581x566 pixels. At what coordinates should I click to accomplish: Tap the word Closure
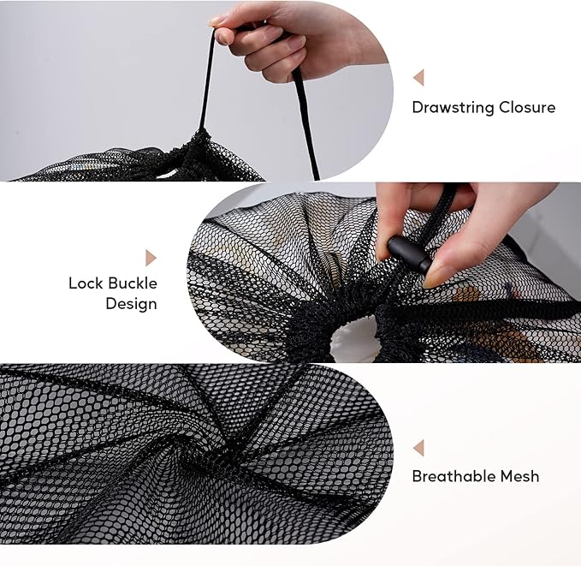(528, 108)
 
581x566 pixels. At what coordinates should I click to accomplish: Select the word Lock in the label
(85, 283)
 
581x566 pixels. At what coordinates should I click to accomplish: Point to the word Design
(131, 304)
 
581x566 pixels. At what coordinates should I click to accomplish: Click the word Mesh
(521, 476)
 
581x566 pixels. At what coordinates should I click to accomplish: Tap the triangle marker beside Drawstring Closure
(418, 78)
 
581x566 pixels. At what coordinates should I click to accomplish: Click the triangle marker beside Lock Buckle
(151, 258)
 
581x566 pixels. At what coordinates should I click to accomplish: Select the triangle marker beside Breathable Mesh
(418, 448)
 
